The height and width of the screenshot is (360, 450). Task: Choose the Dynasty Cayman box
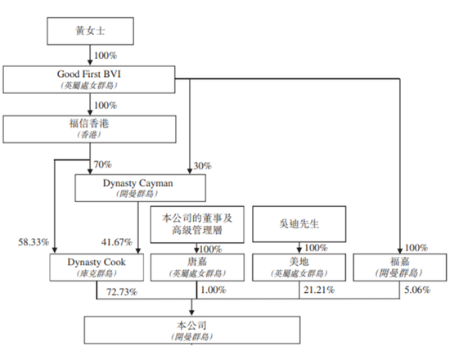137,187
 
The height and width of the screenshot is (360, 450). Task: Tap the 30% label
202,164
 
